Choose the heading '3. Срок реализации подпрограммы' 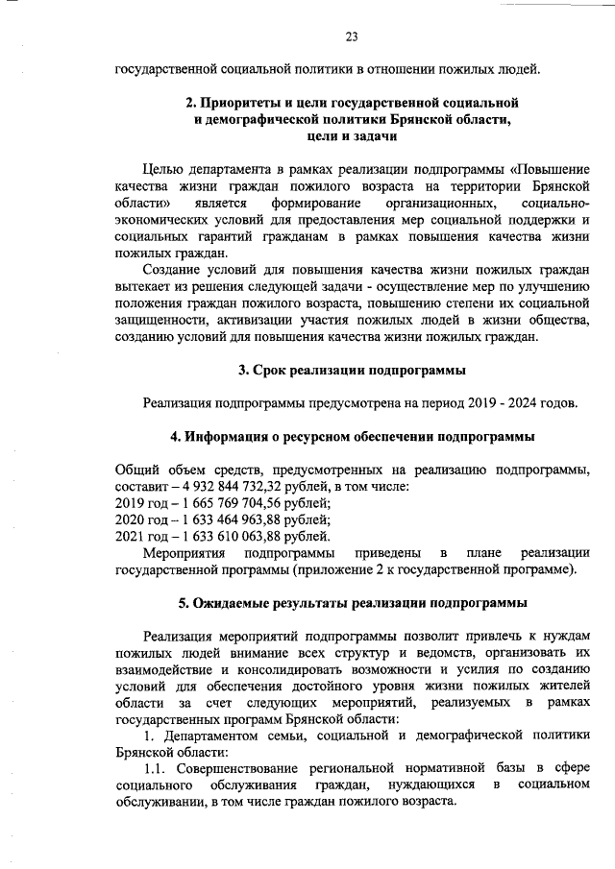(x=352, y=370)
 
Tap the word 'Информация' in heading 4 (x=227, y=436)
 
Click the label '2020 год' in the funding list (x=140, y=519)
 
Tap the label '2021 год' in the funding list (x=140, y=536)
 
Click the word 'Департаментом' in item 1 (x=209, y=735)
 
